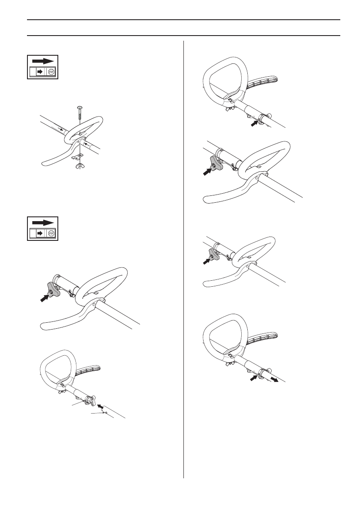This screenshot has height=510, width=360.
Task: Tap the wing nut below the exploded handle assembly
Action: point(80,165)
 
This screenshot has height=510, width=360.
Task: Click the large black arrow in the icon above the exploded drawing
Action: point(44,61)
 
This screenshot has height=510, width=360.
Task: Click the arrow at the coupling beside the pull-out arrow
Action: point(254,378)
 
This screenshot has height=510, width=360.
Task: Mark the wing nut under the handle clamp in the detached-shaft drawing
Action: point(63,391)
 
